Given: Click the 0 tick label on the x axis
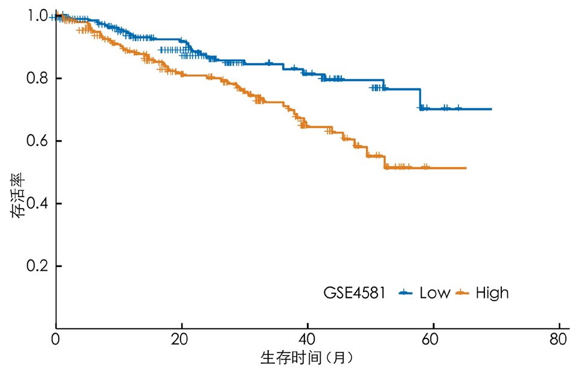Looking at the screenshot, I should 56,339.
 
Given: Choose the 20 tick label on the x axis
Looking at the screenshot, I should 181,339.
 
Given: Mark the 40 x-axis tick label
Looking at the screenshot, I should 307,339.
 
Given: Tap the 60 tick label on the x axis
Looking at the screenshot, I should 434,339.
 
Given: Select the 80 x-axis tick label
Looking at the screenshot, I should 559,339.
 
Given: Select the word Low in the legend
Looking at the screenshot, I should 435,293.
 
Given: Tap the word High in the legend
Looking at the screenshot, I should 492,293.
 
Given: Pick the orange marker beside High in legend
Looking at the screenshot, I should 463,293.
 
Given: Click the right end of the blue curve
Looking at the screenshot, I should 491,109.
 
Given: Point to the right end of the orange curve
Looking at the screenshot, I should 466,168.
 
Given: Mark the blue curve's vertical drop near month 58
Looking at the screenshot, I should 420,99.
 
